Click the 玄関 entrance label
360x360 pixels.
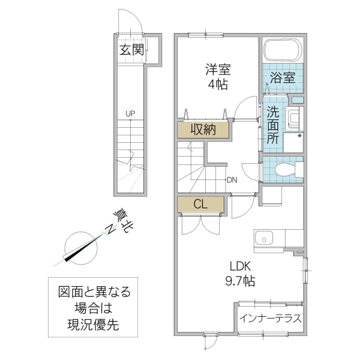tap(131, 50)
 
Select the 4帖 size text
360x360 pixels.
tap(218, 85)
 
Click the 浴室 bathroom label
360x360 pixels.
tap(282, 77)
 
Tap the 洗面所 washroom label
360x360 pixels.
tap(273, 124)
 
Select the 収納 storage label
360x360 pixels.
tap(203, 130)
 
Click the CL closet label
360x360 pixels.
tap(200, 204)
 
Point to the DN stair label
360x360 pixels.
tap(232, 179)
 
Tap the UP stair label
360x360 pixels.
tap(130, 113)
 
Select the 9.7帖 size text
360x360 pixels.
tap(240, 281)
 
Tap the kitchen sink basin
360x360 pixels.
tap(263, 241)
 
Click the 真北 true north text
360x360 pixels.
tap(121, 222)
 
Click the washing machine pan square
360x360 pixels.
tap(293, 142)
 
